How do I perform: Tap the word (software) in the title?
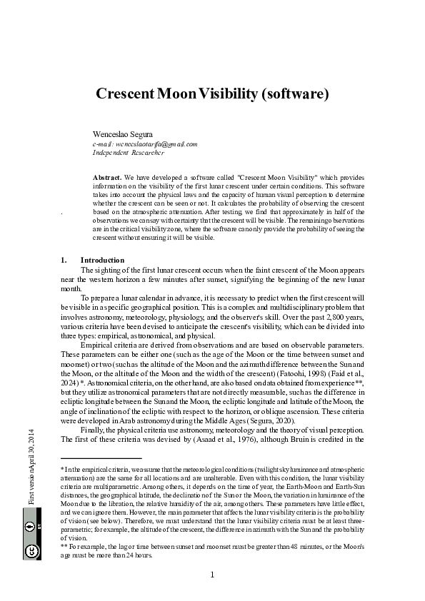[x=294, y=94]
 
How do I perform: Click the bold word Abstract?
[x=107, y=176]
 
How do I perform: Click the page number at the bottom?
[x=213, y=575]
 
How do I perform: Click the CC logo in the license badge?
[x=31, y=551]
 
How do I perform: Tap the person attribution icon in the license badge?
[x=31, y=528]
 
